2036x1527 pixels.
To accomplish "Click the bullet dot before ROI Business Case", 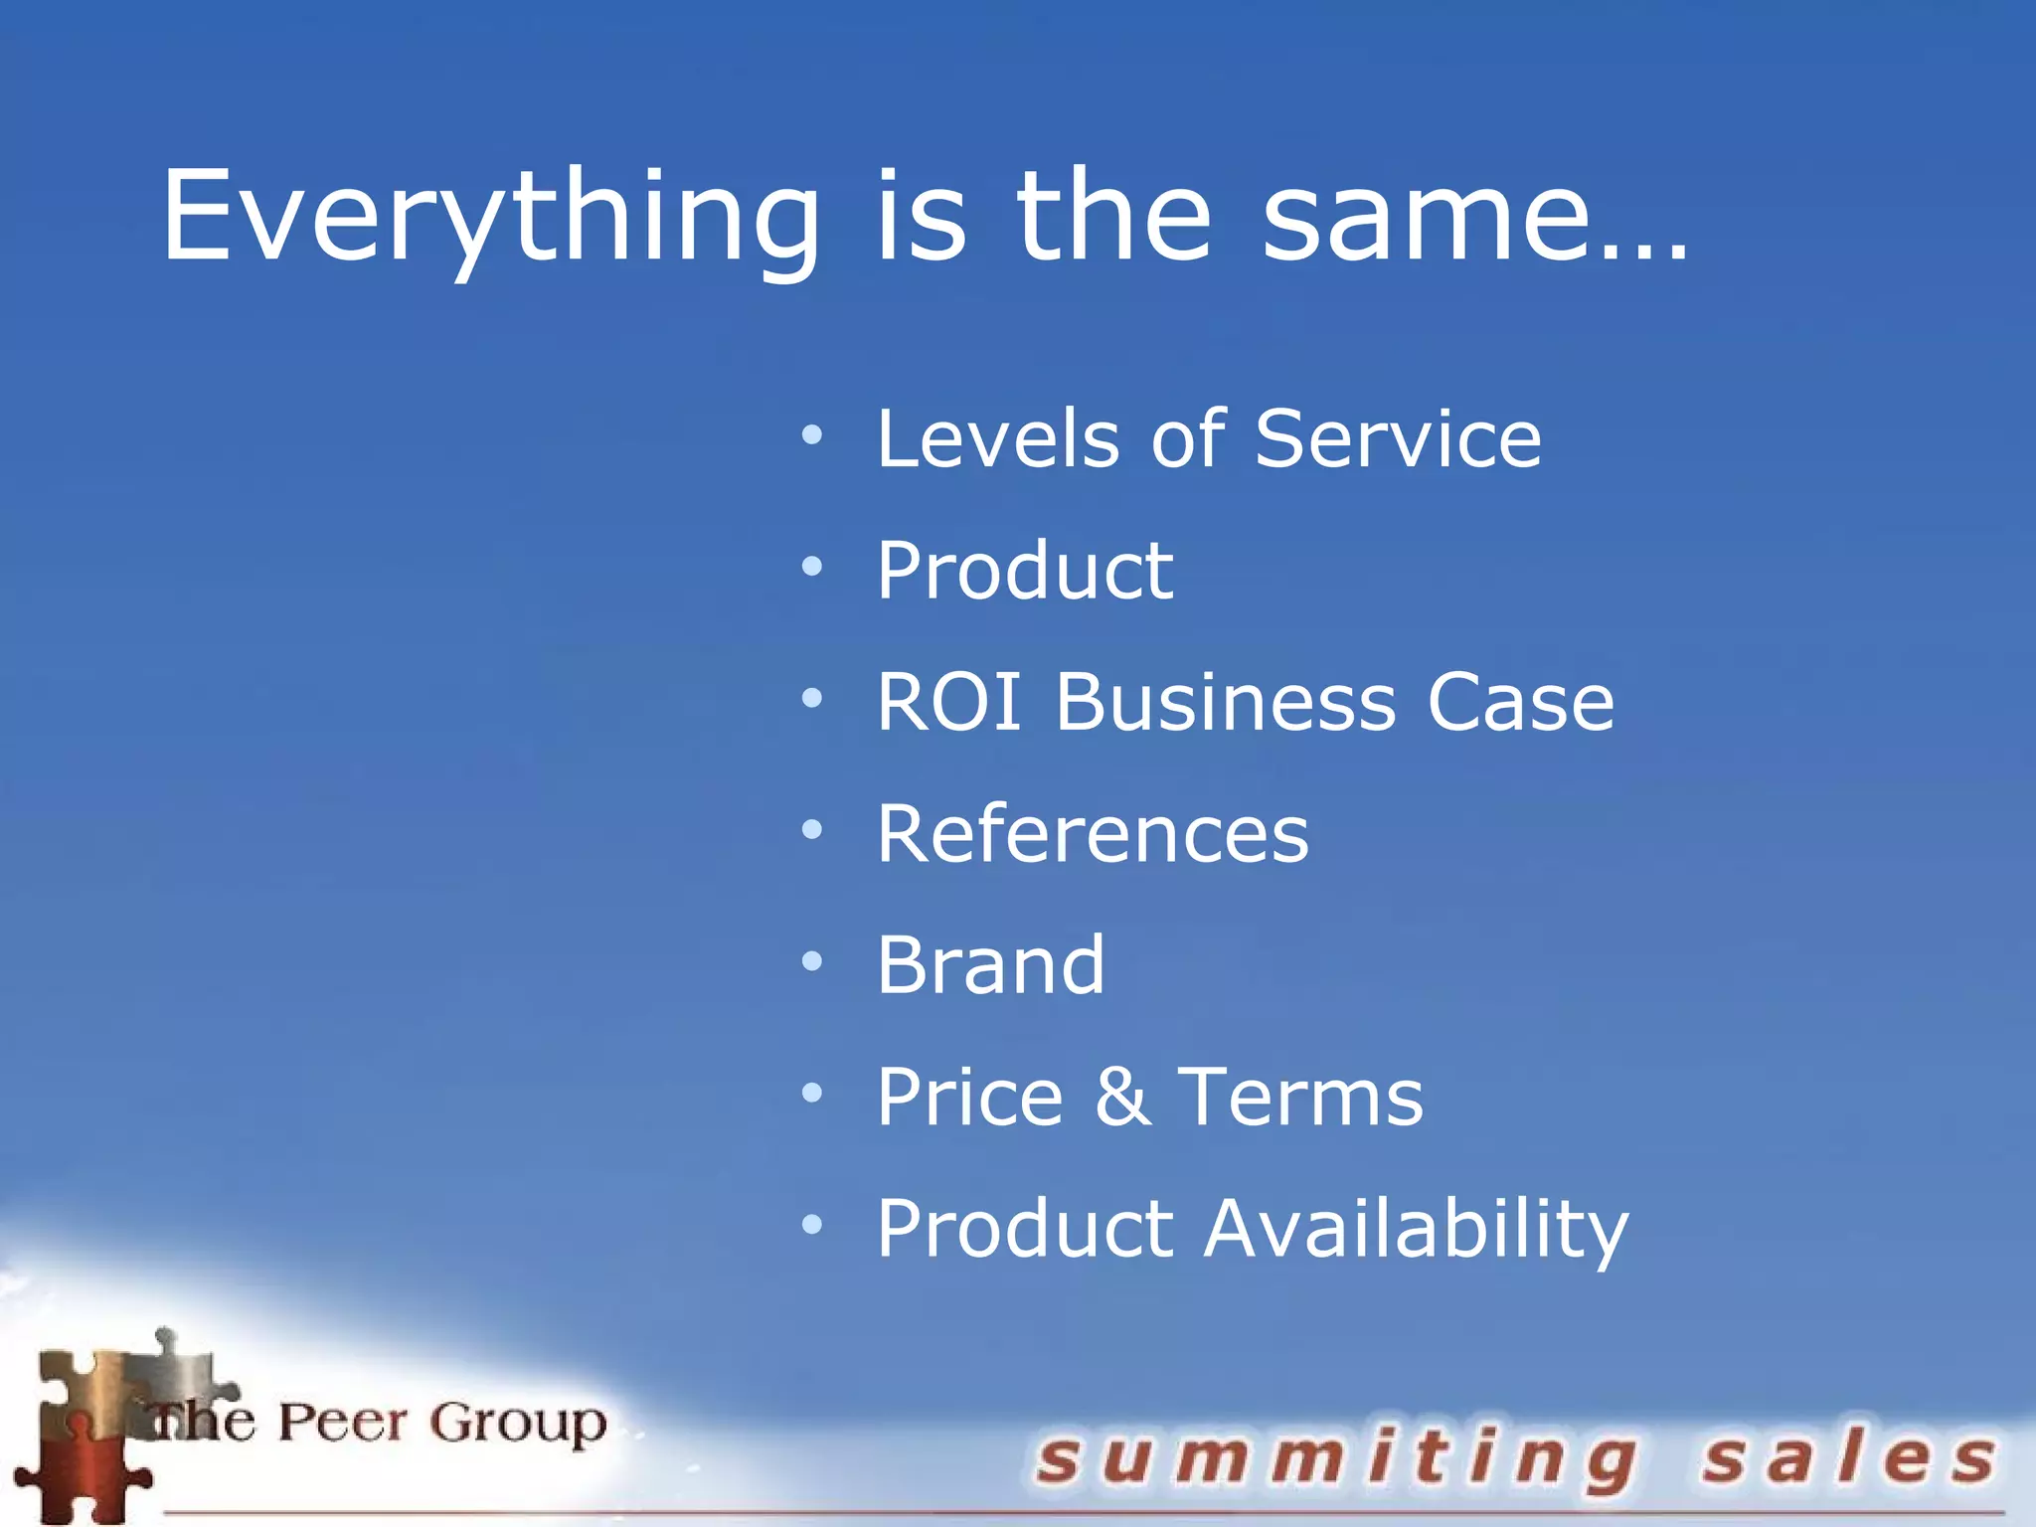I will tap(812, 699).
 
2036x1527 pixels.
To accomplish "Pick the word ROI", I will tap(948, 702).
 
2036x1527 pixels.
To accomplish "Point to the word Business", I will tap(1226, 702).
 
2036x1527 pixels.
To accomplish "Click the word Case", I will tap(1520, 702).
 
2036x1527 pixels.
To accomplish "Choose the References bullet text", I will tap(1093, 833).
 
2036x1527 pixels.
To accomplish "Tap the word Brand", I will tap(990, 964).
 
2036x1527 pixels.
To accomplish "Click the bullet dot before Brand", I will tap(812, 961).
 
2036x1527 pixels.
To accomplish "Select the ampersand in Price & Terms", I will tap(1123, 1096).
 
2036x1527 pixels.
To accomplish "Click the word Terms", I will tap(1300, 1096).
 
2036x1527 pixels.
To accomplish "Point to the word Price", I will tap(969, 1096).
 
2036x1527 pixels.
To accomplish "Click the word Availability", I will tap(1417, 1229).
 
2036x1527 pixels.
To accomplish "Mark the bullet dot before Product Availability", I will tap(812, 1225).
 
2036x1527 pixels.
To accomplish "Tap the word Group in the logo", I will tap(518, 1424).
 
